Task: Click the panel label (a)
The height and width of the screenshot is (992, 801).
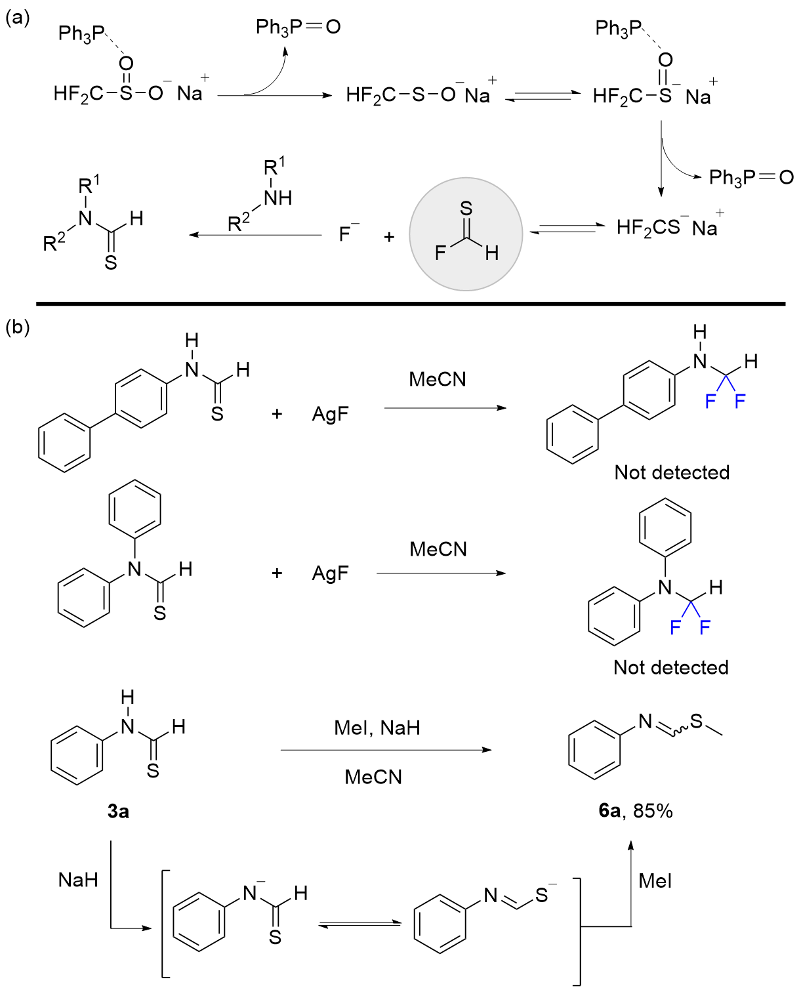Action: (18, 18)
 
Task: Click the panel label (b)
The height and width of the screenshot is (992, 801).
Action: (18, 327)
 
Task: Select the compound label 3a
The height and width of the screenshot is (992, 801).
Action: (118, 812)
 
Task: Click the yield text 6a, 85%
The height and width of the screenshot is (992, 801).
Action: (636, 811)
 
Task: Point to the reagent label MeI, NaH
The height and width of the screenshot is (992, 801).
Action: (377, 728)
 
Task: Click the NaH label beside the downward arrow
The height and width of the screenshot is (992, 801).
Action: (78, 880)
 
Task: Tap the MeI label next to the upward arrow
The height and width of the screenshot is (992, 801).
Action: (655, 880)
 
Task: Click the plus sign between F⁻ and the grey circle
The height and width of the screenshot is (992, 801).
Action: (389, 236)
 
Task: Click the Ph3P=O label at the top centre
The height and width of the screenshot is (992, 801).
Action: (298, 27)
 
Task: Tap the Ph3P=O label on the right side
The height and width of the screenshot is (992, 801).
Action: (751, 177)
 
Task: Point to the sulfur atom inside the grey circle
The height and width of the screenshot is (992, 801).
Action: (466, 209)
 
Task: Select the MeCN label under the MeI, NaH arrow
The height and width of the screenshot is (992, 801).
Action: (373, 777)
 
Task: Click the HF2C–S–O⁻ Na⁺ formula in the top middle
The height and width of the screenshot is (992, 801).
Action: (418, 95)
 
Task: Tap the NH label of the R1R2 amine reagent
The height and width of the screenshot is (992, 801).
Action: (277, 198)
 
